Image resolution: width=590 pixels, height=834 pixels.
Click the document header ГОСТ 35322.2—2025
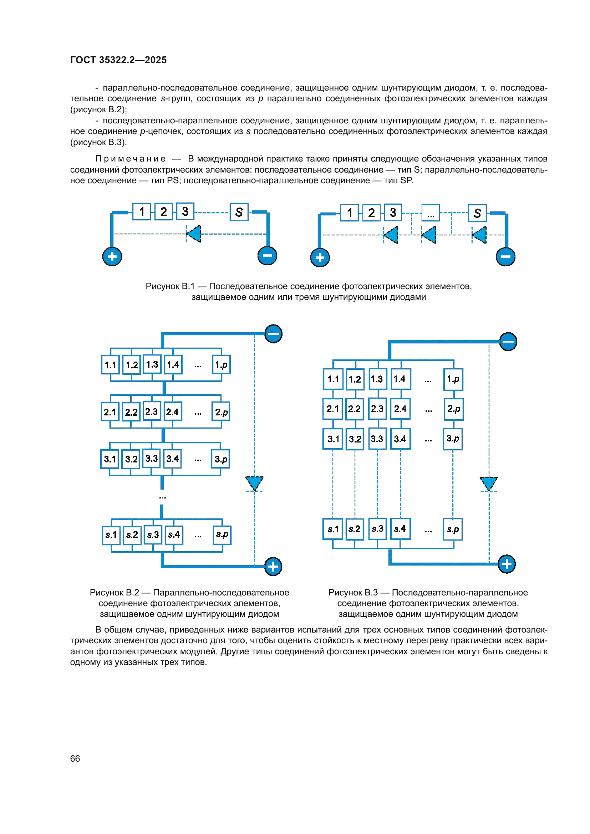pyautogui.click(x=118, y=60)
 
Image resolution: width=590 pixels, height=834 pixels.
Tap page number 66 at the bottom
pyautogui.click(x=75, y=758)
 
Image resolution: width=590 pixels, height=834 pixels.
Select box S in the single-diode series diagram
pyautogui.click(x=239, y=212)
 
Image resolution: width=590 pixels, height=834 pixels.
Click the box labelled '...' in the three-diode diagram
pyautogui.click(x=431, y=213)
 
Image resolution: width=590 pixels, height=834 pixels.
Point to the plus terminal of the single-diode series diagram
pyautogui.click(x=112, y=256)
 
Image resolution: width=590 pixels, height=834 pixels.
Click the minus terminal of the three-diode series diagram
pyautogui.click(x=505, y=256)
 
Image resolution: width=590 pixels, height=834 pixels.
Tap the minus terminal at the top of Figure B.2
pyautogui.click(x=273, y=333)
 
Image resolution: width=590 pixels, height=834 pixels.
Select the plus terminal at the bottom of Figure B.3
pyautogui.click(x=507, y=564)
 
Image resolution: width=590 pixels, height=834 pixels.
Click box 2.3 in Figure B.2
pyautogui.click(x=152, y=411)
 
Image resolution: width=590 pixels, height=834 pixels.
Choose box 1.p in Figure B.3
pyautogui.click(x=453, y=379)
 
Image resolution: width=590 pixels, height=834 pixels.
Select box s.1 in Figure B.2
pyautogui.click(x=111, y=535)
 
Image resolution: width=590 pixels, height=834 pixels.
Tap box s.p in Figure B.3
pyautogui.click(x=453, y=529)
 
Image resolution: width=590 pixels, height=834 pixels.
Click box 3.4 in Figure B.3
pyautogui.click(x=400, y=439)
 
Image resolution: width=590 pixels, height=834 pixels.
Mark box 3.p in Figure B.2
pyautogui.click(x=220, y=459)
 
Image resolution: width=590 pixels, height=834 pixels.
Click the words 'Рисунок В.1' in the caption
pyautogui.click(x=170, y=286)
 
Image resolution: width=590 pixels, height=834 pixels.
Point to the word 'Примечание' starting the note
pyautogui.click(x=131, y=159)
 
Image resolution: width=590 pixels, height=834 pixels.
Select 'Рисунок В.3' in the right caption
pyautogui.click(x=353, y=593)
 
